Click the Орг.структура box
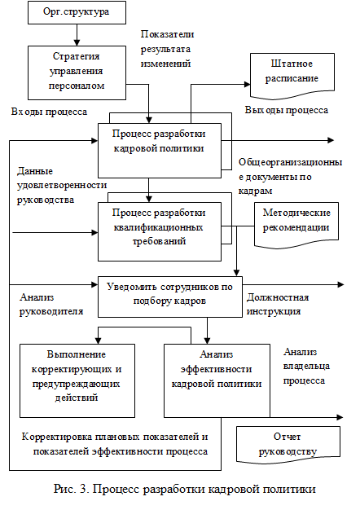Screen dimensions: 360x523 [77, 12]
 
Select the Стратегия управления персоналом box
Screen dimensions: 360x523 [77, 73]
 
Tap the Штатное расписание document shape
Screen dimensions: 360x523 [292, 76]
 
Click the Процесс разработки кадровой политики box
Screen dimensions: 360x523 [160, 151]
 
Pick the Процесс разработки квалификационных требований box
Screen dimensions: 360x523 [160, 231]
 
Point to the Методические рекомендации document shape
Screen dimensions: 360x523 [296, 225]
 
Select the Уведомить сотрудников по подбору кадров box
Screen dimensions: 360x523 [170, 297]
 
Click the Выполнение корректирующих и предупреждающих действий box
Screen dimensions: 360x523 [77, 380]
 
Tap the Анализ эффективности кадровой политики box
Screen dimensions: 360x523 [217, 380]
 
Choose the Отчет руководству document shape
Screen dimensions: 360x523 [288, 445]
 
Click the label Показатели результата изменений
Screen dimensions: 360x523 [167, 49]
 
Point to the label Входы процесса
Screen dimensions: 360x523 [49, 112]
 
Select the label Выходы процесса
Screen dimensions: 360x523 [287, 110]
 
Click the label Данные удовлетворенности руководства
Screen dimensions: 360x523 [62, 186]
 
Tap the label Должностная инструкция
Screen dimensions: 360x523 [278, 304]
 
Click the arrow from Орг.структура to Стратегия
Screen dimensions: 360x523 [77, 35]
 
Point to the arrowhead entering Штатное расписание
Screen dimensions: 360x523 [247, 85]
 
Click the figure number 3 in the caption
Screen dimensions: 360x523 [83, 489]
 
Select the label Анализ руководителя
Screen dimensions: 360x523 [51, 304]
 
